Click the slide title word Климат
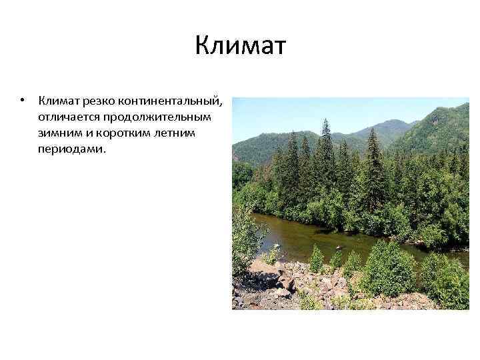coord(240,47)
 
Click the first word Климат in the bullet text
coord(59,101)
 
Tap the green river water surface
coord(300,233)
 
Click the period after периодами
coord(104,152)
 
